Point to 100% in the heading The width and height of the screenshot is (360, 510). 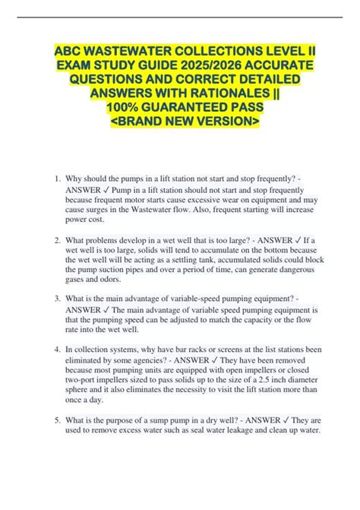[124, 107]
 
